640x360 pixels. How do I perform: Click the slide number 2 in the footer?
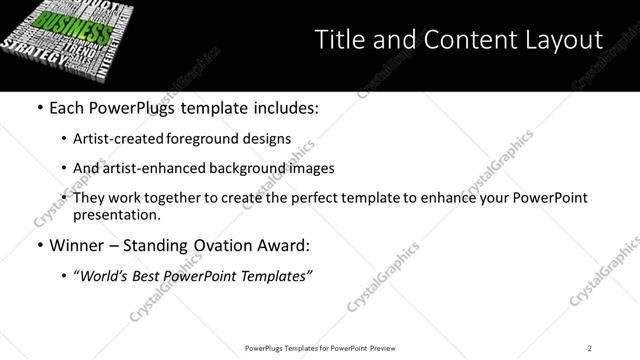(590, 348)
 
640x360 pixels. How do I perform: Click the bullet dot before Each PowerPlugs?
(39, 106)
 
